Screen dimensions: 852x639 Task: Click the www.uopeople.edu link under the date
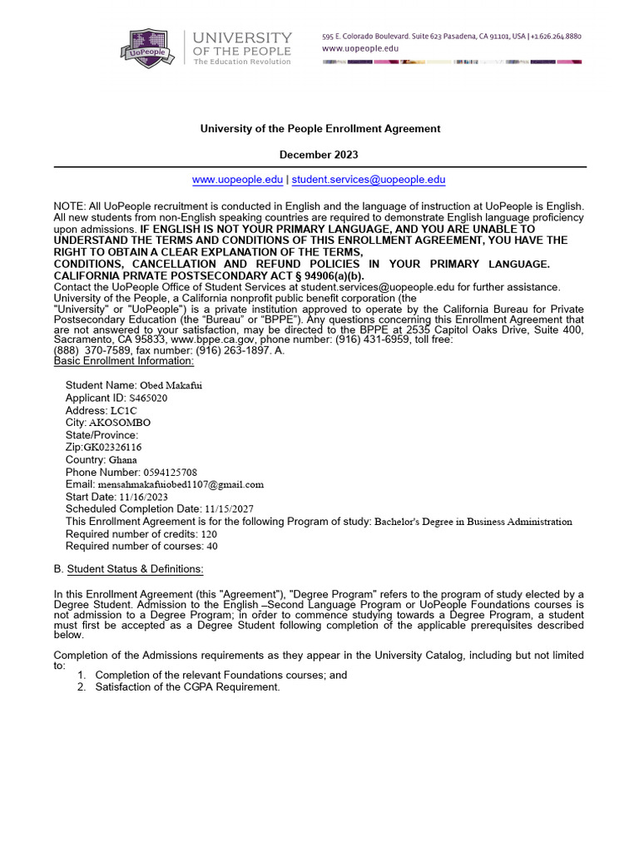(x=237, y=180)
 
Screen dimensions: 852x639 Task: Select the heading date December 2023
(x=319, y=156)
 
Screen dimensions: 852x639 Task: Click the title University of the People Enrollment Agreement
(x=319, y=129)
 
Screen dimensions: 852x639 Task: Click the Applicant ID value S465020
(x=147, y=398)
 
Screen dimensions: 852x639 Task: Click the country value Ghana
(x=123, y=459)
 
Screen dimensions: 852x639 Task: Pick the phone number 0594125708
(x=171, y=472)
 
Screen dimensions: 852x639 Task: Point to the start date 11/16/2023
(x=143, y=497)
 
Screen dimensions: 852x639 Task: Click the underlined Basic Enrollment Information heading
(x=124, y=360)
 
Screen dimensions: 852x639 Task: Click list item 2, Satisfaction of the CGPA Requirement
(x=187, y=687)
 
